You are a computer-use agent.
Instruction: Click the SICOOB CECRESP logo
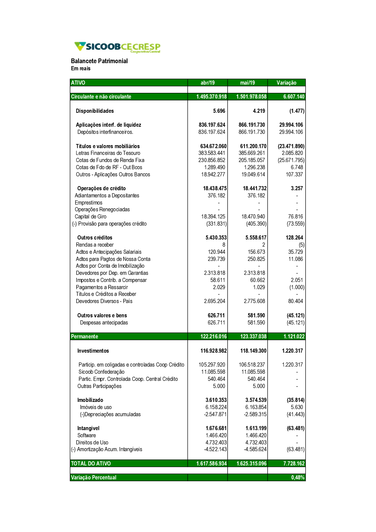pos(117,47)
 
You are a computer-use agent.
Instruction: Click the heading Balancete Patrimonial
pos(99,61)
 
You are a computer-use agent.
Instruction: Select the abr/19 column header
pos(208,83)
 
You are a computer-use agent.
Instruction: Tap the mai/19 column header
pos(247,83)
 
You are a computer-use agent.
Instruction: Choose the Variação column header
pos(287,83)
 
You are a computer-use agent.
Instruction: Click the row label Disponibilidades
pos(95,111)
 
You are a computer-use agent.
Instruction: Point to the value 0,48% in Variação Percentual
pos(298,477)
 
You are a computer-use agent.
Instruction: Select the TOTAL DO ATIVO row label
pos(91,464)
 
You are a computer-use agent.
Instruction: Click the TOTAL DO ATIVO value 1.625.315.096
pos(251,464)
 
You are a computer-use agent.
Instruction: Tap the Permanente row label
pos(85,336)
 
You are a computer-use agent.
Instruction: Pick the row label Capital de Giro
pos(91,217)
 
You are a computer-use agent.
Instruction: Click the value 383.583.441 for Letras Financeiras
pos(212,153)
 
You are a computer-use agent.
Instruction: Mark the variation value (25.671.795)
pos(291,160)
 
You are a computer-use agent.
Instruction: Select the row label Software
pos(86,435)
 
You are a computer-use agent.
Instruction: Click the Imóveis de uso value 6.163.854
pos(256,407)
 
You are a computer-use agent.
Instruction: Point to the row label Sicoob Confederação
pos(102,372)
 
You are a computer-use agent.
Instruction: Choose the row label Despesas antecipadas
pos(104,323)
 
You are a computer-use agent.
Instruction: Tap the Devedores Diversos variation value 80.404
pos(296,301)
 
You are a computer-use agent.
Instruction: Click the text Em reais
pos(81,68)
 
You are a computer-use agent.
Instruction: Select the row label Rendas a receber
pos(95,245)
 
